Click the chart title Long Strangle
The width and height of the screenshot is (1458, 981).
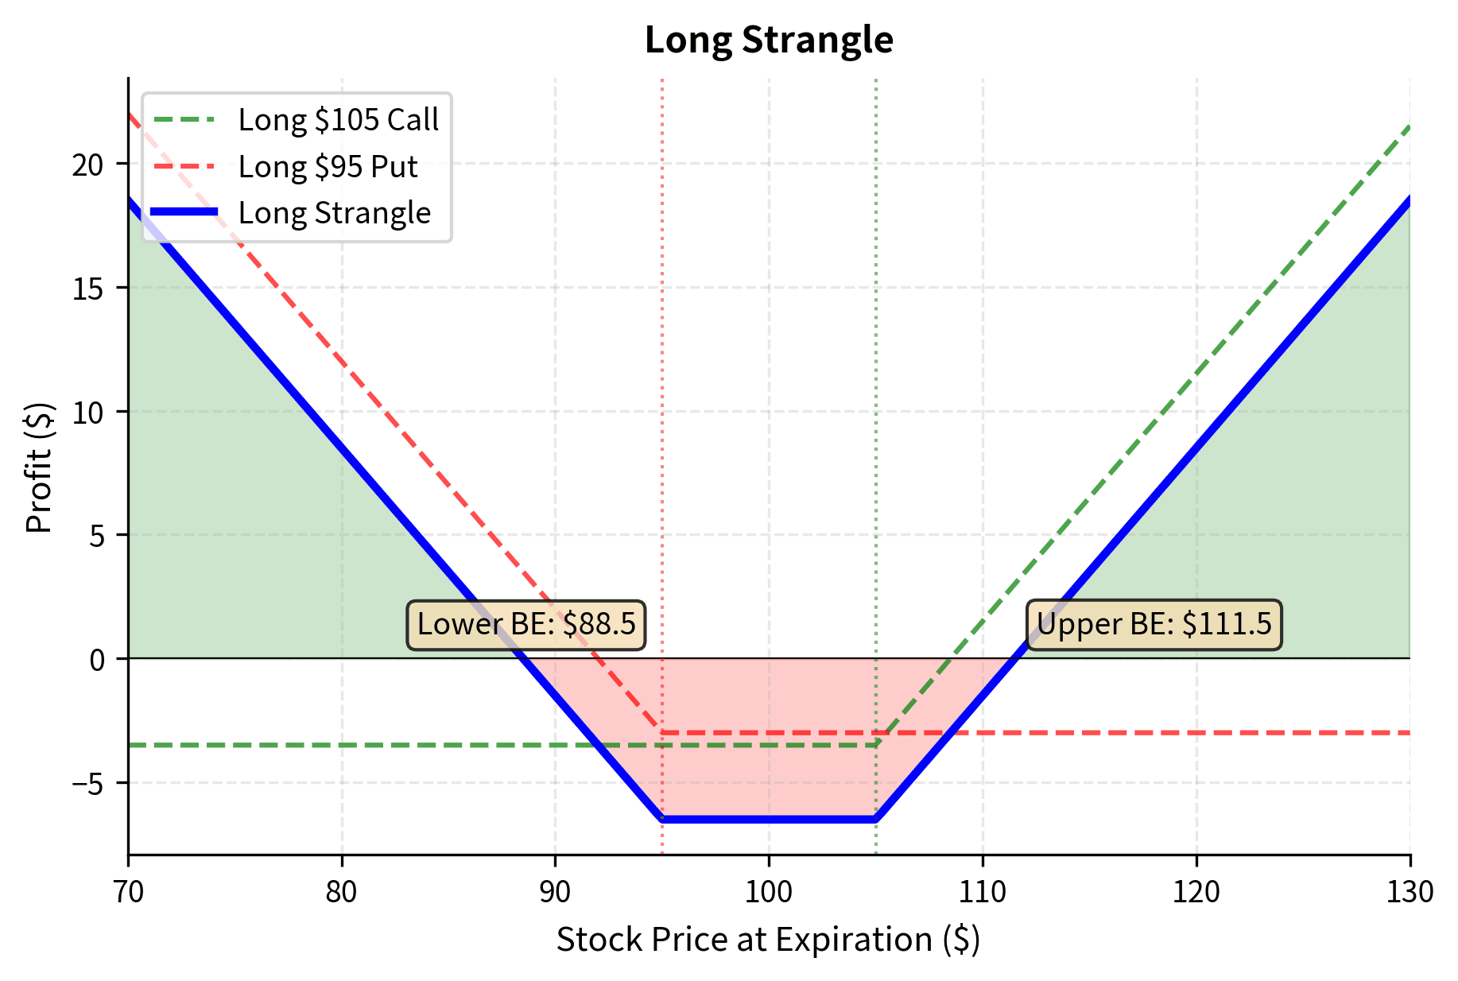pos(769,40)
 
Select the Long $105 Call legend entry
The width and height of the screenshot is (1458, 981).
pos(338,120)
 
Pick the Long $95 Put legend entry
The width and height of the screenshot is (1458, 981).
pos(328,167)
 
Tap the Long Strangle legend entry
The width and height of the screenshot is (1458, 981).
pos(334,213)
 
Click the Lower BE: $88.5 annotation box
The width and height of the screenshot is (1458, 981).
pos(526,625)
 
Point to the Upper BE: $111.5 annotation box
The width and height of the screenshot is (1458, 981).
pos(1154,625)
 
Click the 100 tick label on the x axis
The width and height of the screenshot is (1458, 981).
pos(769,893)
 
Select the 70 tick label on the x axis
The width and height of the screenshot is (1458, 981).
pos(128,893)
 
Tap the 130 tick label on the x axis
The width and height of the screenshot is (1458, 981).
pos(1410,893)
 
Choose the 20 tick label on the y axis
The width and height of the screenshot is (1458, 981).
pos(88,165)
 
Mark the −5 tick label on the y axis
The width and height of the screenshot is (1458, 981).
pos(88,784)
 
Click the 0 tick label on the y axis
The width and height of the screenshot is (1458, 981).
pos(98,660)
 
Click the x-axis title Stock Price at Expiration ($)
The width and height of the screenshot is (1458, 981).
pos(769,940)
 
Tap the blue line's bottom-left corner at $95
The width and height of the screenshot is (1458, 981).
pos(662,819)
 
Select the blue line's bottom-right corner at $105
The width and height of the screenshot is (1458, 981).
pos(875,819)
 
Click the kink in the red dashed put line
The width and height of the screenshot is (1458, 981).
pos(662,732)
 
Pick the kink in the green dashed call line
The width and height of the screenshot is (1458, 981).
pos(875,745)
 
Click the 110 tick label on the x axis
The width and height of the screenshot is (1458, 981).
pos(983,893)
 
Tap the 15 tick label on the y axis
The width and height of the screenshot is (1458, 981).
pos(88,289)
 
